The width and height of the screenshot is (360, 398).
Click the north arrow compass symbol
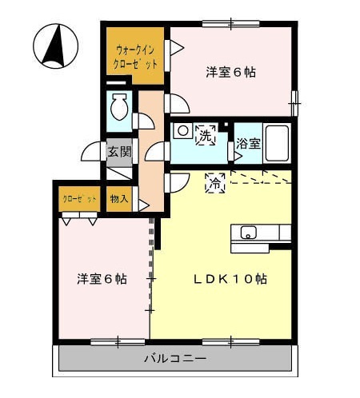[x=55, y=46]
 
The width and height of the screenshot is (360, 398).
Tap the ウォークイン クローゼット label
[x=135, y=58]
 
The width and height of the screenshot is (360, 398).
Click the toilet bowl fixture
[x=119, y=107]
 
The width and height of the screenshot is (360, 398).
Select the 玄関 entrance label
[x=119, y=152]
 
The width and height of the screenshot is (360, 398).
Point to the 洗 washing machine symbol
[x=206, y=135]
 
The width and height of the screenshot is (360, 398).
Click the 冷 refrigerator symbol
[x=215, y=183]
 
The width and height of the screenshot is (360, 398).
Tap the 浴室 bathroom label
[x=248, y=144]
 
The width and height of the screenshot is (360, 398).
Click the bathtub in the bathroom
[x=277, y=143]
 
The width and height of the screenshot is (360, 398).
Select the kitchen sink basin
[x=249, y=233]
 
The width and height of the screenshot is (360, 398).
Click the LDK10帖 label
[x=230, y=279]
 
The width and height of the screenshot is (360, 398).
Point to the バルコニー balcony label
[x=175, y=358]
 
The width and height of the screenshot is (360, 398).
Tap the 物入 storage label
[x=119, y=199]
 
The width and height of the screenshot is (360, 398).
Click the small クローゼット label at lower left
[x=79, y=199]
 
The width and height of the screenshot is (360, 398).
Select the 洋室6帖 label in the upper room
[x=230, y=72]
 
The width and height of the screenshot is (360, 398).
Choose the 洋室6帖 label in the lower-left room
[x=102, y=279]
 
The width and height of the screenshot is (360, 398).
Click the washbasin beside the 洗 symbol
[x=183, y=131]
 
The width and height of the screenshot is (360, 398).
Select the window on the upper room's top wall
[x=230, y=24]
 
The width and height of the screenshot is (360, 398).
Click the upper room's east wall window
[x=294, y=103]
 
